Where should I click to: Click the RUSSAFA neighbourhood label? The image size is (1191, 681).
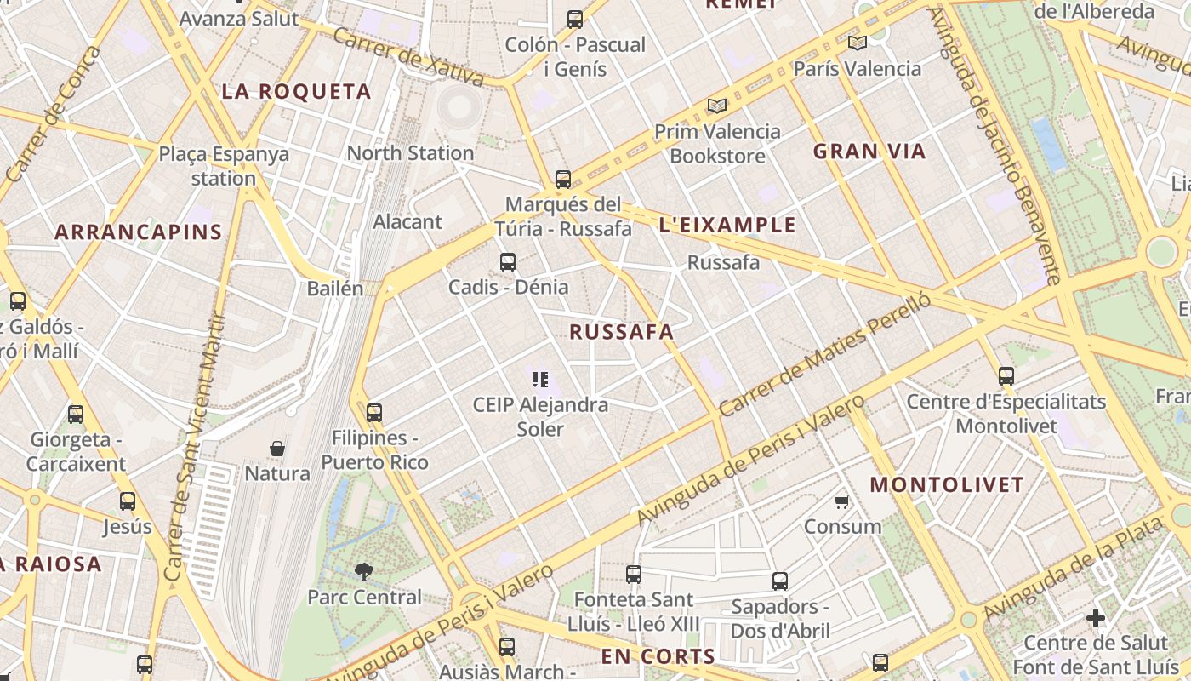point(622,332)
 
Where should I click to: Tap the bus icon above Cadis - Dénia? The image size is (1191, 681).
point(508,262)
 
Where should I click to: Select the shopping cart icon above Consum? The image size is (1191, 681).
point(842,501)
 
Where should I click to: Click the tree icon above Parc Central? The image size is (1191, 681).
point(364,571)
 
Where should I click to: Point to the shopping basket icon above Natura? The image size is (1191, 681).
point(277,448)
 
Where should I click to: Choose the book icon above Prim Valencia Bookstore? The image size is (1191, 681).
point(717,106)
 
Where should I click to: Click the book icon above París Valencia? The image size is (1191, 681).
point(857,43)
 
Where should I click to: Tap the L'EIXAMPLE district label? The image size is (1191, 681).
point(727,225)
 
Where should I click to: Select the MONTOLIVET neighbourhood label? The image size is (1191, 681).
point(947,485)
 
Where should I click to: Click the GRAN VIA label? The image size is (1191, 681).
point(869,152)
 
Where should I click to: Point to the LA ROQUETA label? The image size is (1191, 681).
point(297,92)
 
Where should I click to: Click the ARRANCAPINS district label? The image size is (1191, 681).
point(139,232)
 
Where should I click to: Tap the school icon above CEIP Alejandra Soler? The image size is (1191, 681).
point(540,380)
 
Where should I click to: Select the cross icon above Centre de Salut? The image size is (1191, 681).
point(1096,617)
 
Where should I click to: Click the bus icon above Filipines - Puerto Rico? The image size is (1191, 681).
point(374,414)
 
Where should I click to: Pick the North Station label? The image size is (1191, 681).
point(410,153)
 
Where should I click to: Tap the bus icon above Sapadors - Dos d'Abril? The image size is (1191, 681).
point(780,581)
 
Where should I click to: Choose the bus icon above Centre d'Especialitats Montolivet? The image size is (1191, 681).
point(1006,376)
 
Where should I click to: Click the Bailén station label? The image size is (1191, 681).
point(334,288)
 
